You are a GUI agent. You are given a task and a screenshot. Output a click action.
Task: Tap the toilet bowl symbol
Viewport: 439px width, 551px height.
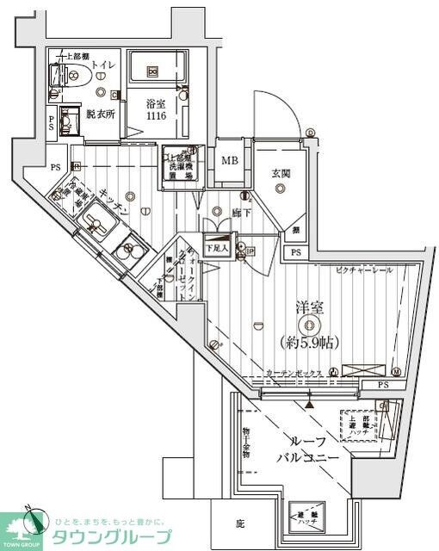[x=72, y=76]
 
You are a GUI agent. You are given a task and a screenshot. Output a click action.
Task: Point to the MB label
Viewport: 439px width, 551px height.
[x=230, y=160]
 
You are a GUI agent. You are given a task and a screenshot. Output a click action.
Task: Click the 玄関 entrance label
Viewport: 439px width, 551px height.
[x=281, y=173]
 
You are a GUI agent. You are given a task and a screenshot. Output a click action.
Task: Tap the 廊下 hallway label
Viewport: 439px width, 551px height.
[x=240, y=212]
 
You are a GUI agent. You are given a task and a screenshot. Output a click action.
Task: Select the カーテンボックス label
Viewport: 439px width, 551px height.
[x=293, y=373]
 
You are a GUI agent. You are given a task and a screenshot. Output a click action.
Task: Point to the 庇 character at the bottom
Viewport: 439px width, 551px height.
[x=240, y=522]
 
